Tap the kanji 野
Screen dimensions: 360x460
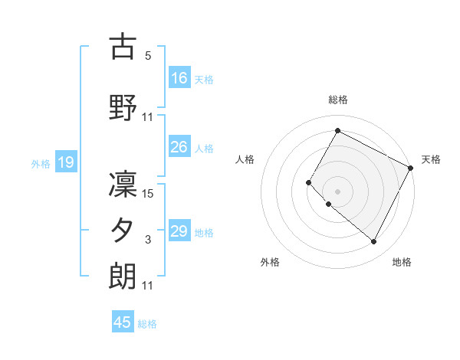pyautogui.click(x=123, y=106)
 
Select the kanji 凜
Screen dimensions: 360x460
pyautogui.click(x=123, y=183)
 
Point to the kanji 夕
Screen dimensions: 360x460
pyautogui.click(x=123, y=230)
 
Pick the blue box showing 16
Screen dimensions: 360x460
pyautogui.click(x=179, y=78)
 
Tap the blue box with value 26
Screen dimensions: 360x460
pyautogui.click(x=179, y=147)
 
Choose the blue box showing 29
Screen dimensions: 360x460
pyautogui.click(x=179, y=231)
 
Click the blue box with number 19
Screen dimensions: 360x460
pyautogui.click(x=65, y=162)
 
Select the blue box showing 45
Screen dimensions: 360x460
pyautogui.click(x=123, y=322)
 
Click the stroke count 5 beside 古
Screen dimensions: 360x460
pyautogui.click(x=148, y=56)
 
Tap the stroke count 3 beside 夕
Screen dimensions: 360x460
pyautogui.click(x=148, y=240)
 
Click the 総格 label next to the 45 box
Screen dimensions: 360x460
pyautogui.click(x=148, y=324)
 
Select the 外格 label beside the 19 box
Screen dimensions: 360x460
pyautogui.click(x=40, y=163)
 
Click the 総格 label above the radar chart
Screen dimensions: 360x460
pyautogui.click(x=337, y=100)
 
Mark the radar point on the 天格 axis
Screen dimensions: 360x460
pyautogui.click(x=412, y=168)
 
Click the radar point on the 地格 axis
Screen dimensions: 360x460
pyautogui.click(x=374, y=242)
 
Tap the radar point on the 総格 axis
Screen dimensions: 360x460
pyautogui.click(x=337, y=130)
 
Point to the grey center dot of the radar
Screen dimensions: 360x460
pyautogui.click(x=337, y=191)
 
